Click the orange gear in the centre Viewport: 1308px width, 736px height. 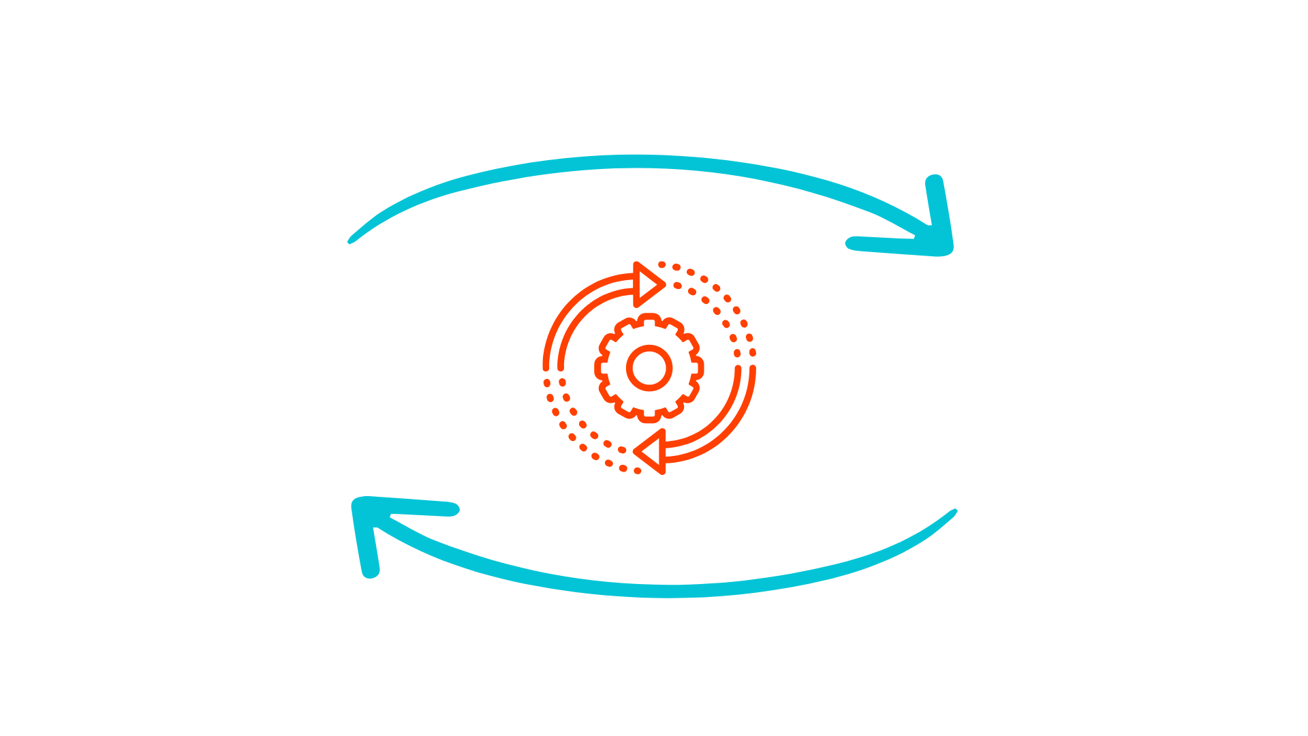[x=649, y=367]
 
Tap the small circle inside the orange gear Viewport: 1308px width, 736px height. [x=649, y=367]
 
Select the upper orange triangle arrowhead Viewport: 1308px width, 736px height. [x=647, y=283]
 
